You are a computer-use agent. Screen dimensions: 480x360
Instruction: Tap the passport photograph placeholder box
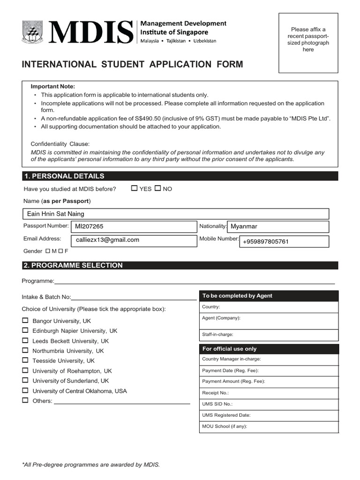pos(308,43)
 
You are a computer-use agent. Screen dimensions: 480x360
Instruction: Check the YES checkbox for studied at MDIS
pos(135,188)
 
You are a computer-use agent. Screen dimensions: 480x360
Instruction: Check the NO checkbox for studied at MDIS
pos(157,188)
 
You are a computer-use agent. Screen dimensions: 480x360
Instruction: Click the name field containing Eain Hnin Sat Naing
pos(176,214)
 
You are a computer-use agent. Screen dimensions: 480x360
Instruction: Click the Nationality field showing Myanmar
pos(278,226)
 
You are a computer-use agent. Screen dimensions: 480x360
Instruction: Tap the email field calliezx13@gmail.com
pos(134,240)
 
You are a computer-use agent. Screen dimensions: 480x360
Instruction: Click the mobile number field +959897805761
pos(285,241)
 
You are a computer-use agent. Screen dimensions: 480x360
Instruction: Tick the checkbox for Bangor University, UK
pos(25,321)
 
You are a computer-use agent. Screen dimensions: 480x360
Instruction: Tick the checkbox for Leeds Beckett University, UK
pos(25,341)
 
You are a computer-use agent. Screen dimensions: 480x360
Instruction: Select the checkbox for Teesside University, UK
pos(25,360)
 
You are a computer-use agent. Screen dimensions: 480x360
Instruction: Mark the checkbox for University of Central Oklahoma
pos(25,390)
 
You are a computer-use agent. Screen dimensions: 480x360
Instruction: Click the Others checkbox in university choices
pos(25,400)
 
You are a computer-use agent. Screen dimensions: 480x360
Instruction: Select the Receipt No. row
pos(269,393)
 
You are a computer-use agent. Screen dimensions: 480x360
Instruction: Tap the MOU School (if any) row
pos(269,427)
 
